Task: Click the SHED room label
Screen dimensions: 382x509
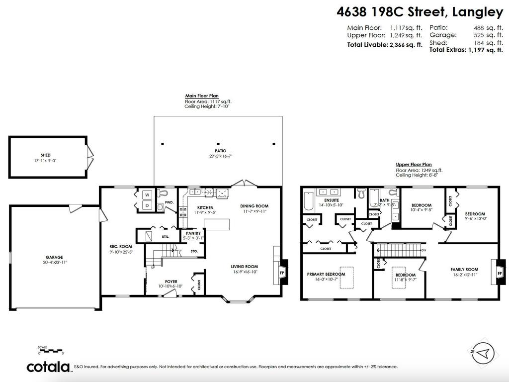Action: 46,155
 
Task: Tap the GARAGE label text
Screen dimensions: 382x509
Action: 54,257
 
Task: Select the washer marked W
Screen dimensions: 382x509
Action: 148,194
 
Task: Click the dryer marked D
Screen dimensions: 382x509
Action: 148,205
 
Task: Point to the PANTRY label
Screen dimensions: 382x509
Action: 193,233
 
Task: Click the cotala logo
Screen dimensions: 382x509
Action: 48,367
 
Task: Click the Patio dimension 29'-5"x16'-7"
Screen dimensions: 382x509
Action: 218,156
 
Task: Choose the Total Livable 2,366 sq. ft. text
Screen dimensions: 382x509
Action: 384,45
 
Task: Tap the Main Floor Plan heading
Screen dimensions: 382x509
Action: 201,96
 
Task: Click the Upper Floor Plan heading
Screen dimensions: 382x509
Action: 414,165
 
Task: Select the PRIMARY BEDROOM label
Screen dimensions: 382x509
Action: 326,274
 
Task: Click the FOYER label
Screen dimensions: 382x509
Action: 171,282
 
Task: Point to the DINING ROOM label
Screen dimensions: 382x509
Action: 254,206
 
